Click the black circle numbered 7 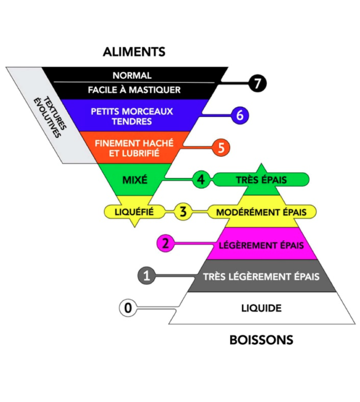[x=257, y=83]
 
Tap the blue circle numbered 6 [x=240, y=115]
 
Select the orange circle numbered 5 [x=221, y=148]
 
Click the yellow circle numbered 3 [x=183, y=212]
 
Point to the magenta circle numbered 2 [x=165, y=244]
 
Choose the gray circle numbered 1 [x=146, y=276]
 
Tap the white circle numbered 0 [x=128, y=308]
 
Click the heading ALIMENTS [x=134, y=52]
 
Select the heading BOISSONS [x=261, y=340]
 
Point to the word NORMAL [x=132, y=76]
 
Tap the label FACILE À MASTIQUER [x=134, y=90]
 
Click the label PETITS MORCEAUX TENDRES [x=132, y=116]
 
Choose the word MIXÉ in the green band [x=135, y=179]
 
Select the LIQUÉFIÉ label [x=135, y=211]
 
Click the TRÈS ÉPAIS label [x=261, y=179]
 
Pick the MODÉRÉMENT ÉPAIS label [x=261, y=212]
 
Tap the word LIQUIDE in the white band [x=261, y=308]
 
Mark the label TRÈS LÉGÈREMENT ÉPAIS [x=261, y=276]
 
